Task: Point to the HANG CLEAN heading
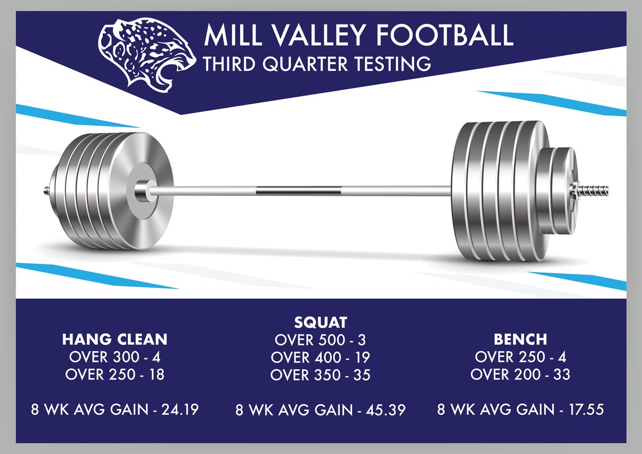[114, 339]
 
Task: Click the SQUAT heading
[320, 322]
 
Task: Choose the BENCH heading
[520, 339]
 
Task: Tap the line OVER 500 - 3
[320, 340]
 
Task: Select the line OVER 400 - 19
[320, 357]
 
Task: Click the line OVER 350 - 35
[320, 375]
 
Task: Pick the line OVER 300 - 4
[114, 357]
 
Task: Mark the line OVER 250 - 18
[114, 375]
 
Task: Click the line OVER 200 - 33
[520, 375]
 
